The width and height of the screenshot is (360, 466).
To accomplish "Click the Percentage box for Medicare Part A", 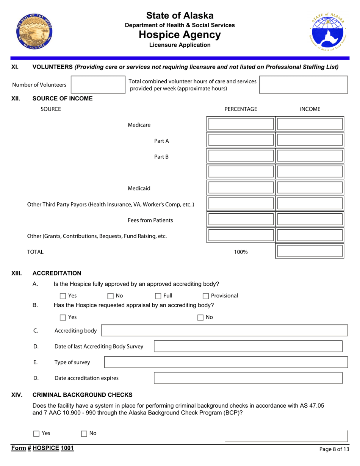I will coord(241,141).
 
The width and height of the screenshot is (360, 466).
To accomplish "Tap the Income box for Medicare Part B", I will coord(310,156).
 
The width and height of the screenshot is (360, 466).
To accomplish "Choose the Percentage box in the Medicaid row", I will coord(241,188).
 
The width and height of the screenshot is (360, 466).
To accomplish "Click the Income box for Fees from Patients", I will coord(310,220).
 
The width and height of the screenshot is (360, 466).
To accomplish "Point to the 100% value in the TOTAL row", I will coord(241,252).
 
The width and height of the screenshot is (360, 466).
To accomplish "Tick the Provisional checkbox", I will coord(206,296).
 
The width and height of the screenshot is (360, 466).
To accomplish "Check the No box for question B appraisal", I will coord(201,317).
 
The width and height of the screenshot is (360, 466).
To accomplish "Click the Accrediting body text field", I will coord(224,330).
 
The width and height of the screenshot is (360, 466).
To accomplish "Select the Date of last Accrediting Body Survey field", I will coord(248,346).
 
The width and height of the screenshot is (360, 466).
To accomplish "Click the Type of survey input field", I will coord(226,362).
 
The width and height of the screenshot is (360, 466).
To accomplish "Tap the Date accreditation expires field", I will coord(248,378).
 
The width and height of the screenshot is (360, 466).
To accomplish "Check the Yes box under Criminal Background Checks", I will coord(36,433).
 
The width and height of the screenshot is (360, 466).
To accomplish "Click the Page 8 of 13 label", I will coord(334,449).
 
